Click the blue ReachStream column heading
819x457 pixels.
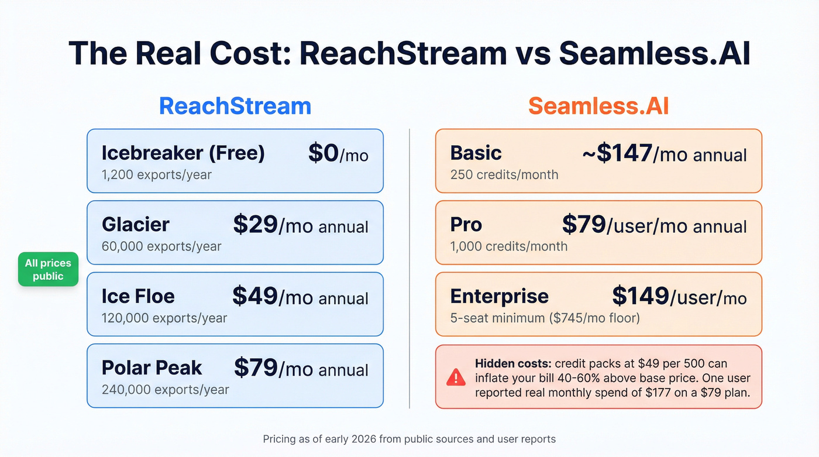click(x=235, y=106)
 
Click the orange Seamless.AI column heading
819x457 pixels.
click(x=598, y=106)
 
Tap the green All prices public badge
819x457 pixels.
click(x=48, y=270)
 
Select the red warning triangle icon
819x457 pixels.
click(x=455, y=377)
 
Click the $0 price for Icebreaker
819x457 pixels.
click(x=324, y=153)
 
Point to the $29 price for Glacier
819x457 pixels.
click(x=255, y=225)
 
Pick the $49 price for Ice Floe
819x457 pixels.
click(x=255, y=297)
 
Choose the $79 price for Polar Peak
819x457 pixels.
click(x=256, y=368)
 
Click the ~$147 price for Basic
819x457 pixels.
click(x=617, y=153)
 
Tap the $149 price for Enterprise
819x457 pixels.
click(x=640, y=297)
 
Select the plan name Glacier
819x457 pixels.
click(x=135, y=225)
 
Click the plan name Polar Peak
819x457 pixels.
click(x=152, y=368)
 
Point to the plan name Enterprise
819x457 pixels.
click(x=499, y=297)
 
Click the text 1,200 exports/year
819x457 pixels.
click(x=156, y=174)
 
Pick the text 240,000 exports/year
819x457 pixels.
click(x=165, y=389)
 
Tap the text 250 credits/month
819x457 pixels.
click(x=504, y=174)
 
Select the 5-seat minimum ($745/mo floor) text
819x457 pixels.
click(x=545, y=318)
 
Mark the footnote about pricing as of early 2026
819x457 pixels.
click(x=409, y=439)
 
